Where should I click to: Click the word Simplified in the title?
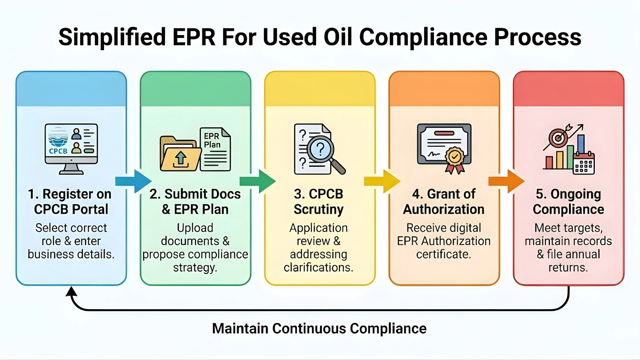point(112,37)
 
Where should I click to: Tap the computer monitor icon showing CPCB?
point(71,145)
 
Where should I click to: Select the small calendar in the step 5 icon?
point(584,164)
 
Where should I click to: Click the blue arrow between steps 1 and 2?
point(133,181)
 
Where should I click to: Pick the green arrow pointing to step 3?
point(258,181)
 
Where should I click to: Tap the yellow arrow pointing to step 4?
point(382,181)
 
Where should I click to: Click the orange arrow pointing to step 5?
point(506,181)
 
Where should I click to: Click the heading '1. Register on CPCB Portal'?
point(71,202)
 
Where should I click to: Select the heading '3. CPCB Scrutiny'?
point(319,202)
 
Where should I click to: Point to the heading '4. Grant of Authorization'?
point(444,202)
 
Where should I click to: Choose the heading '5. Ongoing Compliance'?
point(568,202)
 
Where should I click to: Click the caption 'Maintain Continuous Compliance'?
point(319,329)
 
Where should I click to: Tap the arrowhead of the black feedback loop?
point(71,292)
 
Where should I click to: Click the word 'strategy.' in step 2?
point(195,267)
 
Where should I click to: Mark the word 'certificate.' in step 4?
point(444,254)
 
